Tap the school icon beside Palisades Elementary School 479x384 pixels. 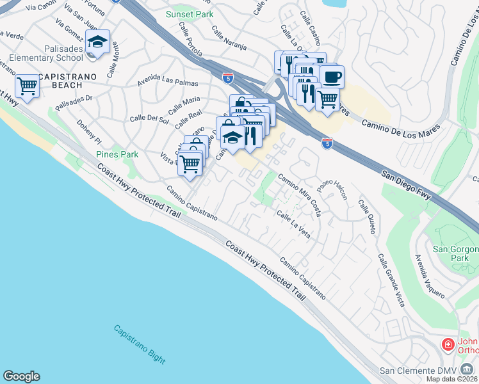tap(97, 43)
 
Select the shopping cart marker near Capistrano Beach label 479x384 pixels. tap(26, 86)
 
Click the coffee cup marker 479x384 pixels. tap(332, 77)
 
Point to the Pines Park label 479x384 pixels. tap(117, 154)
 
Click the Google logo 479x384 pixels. tap(21, 376)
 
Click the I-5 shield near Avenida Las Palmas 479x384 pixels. tap(228, 77)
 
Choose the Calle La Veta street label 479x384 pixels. tap(294, 225)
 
